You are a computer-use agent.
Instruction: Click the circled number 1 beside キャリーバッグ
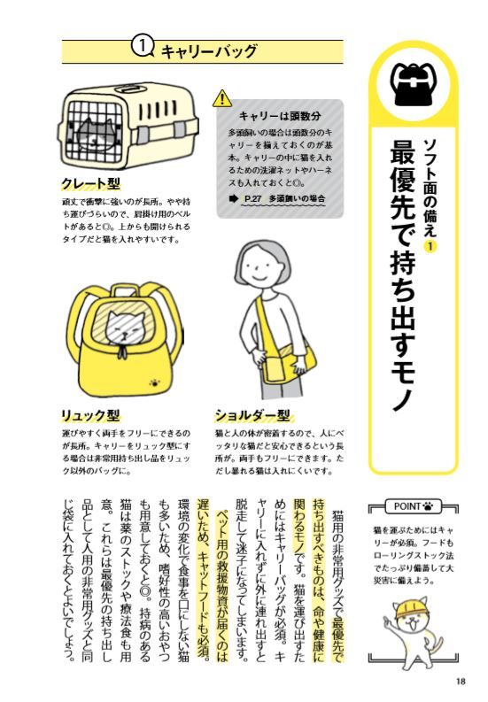coord(142,48)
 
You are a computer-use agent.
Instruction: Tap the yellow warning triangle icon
coord(221,99)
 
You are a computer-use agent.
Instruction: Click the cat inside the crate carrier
coord(93,134)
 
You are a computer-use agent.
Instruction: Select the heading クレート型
coord(91,183)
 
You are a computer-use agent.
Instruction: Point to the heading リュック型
coord(91,415)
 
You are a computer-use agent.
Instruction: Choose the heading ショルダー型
coord(252,415)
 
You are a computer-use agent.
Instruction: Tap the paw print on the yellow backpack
coord(156,382)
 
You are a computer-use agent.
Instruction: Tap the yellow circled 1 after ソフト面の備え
coord(430,245)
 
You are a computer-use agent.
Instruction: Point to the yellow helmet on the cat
coord(407,608)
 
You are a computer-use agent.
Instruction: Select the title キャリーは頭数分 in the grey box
coord(280,116)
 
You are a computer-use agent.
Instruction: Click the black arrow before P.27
coord(233,198)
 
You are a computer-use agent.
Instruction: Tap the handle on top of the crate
coord(129,89)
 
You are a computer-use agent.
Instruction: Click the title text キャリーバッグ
coord(209,51)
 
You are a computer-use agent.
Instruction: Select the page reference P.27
coord(253,198)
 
